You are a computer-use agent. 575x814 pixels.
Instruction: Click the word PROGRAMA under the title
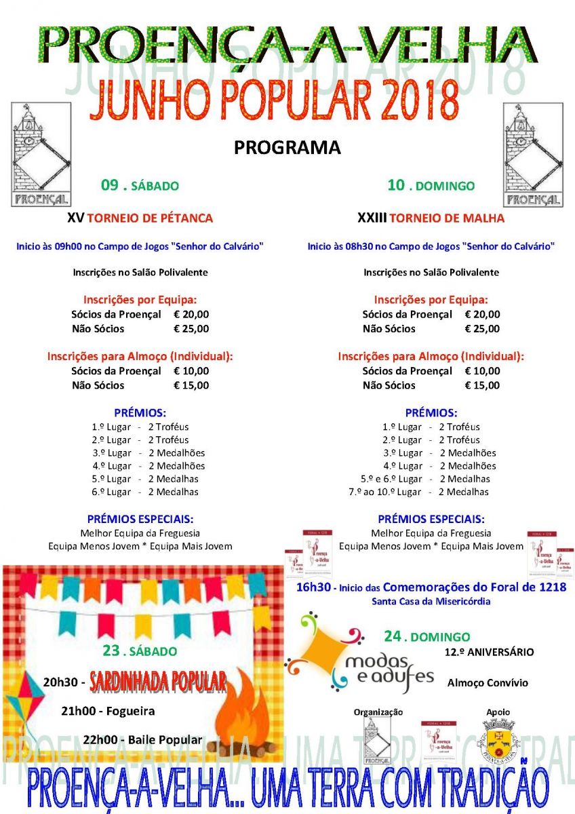[x=287, y=147]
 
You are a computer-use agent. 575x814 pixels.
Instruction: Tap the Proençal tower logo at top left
[x=41, y=155]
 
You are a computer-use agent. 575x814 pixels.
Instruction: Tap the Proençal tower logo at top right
[x=532, y=155]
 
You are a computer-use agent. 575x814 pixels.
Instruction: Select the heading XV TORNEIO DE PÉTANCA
[x=140, y=218]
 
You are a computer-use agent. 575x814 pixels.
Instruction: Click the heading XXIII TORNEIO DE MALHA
[x=431, y=218]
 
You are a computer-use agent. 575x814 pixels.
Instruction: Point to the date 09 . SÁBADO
[x=140, y=185]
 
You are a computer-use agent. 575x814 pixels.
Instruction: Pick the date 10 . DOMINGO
[x=431, y=185]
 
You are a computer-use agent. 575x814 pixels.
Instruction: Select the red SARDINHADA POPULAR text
[x=157, y=682]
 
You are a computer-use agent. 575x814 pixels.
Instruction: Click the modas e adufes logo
[x=359, y=655]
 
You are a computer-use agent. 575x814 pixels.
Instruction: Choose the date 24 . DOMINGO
[x=427, y=637]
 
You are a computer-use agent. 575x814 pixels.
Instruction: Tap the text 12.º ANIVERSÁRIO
[x=489, y=653]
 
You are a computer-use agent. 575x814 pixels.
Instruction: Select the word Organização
[x=378, y=712]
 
